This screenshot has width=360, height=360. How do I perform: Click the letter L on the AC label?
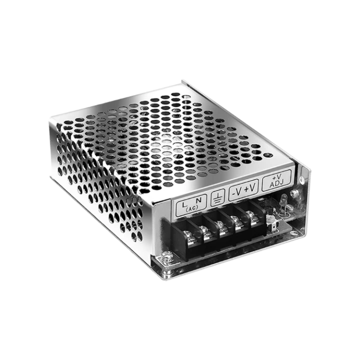pyautogui.click(x=184, y=204)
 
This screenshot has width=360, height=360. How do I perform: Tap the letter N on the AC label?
pyautogui.click(x=198, y=199)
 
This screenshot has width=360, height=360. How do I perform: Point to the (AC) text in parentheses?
pyautogui.click(x=192, y=208)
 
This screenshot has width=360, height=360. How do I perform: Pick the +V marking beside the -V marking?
pyautogui.click(x=250, y=188)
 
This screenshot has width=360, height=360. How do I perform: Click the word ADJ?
pyautogui.click(x=276, y=183)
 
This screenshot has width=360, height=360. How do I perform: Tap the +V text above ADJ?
pyautogui.click(x=276, y=177)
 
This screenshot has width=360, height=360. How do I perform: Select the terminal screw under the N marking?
pyautogui.click(x=204, y=230)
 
